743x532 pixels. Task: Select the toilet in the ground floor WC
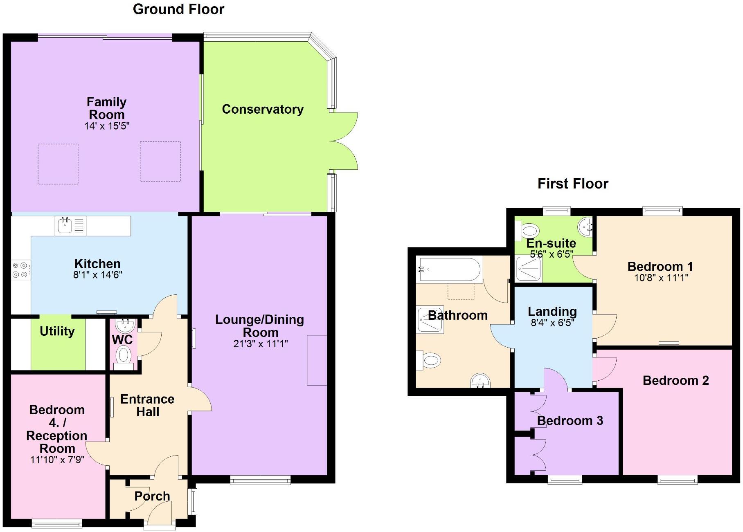click(x=123, y=355)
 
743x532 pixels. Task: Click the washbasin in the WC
click(x=124, y=326)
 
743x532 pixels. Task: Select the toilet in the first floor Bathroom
click(x=429, y=361)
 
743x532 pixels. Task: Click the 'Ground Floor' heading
click(x=178, y=9)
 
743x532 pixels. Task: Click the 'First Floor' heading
click(x=572, y=184)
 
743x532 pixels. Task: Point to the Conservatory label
click(x=263, y=109)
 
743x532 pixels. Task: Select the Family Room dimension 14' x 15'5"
click(x=107, y=126)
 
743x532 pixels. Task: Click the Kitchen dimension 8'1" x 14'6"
click(x=97, y=275)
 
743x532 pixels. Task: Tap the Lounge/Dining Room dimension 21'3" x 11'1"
click(x=260, y=344)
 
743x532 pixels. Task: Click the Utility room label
click(x=57, y=331)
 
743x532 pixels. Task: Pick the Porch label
click(x=152, y=496)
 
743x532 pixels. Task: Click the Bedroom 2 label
click(x=675, y=380)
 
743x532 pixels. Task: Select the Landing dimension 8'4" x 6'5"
click(x=552, y=323)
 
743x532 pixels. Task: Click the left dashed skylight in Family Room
click(x=58, y=164)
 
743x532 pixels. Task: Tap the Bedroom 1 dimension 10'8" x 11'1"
click(x=661, y=278)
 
